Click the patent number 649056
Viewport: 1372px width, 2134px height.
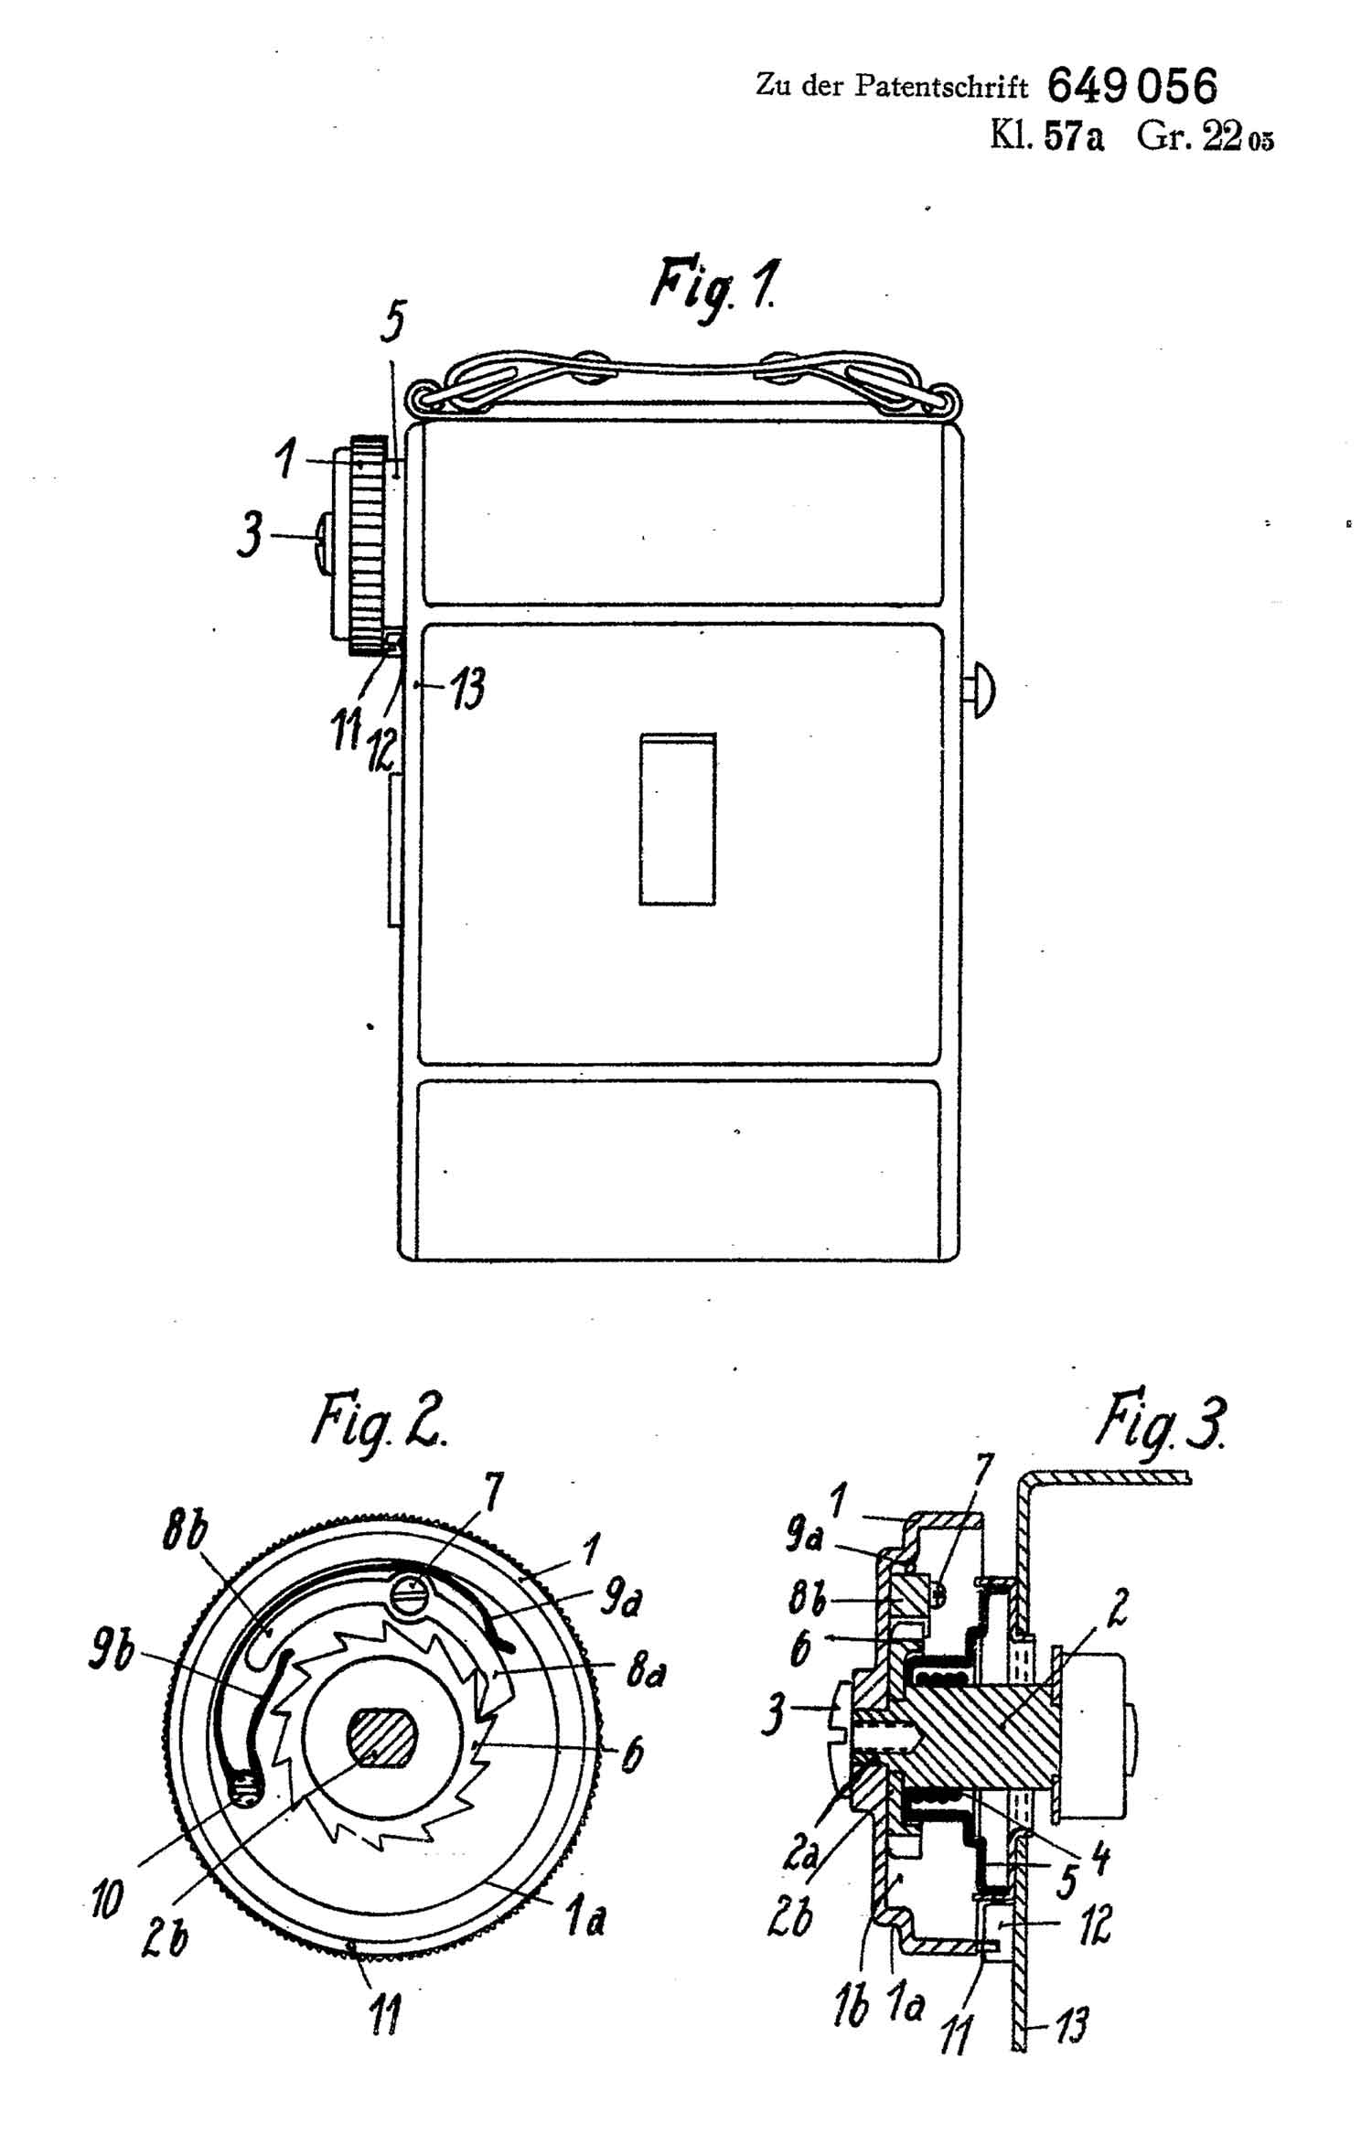[x=1131, y=88]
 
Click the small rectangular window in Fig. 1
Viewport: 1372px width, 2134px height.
[x=677, y=819]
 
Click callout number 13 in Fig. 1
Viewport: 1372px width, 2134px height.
[x=466, y=688]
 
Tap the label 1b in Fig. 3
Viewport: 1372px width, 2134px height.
[x=851, y=2010]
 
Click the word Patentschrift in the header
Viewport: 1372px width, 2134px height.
[x=941, y=87]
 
